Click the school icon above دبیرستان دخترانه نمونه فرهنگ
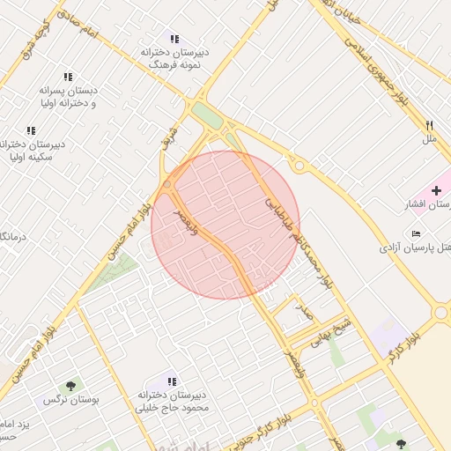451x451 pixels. tap(174, 39)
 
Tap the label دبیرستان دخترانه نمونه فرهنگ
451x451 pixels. tap(172, 59)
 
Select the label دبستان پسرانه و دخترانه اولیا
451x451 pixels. tap(67, 96)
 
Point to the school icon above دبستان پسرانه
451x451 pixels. tap(69, 77)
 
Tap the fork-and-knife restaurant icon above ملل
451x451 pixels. tap(430, 125)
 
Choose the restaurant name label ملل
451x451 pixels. tap(430, 139)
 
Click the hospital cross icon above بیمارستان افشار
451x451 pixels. tap(437, 190)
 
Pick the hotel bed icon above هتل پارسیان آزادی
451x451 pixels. tap(416, 233)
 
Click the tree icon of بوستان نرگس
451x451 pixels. tap(70, 385)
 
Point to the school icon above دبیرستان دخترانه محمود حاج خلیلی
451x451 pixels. tap(173, 381)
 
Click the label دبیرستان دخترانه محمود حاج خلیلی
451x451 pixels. tap(177, 401)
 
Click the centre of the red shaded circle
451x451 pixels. tap(225, 225)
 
